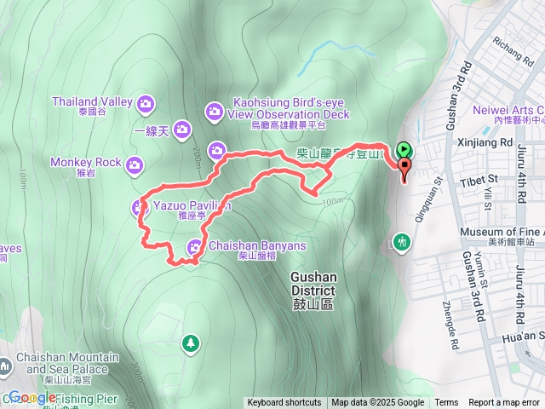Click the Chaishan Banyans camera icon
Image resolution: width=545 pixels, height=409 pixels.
195,247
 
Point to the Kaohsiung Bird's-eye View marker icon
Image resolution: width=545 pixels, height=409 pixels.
214,110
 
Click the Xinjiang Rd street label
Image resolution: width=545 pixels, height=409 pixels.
483,143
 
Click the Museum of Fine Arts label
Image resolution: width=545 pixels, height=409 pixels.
501,232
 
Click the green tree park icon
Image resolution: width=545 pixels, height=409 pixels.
192,343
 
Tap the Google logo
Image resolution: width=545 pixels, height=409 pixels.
34,397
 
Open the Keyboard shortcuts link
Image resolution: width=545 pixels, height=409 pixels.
284,403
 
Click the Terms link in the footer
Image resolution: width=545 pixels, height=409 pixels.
446,403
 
